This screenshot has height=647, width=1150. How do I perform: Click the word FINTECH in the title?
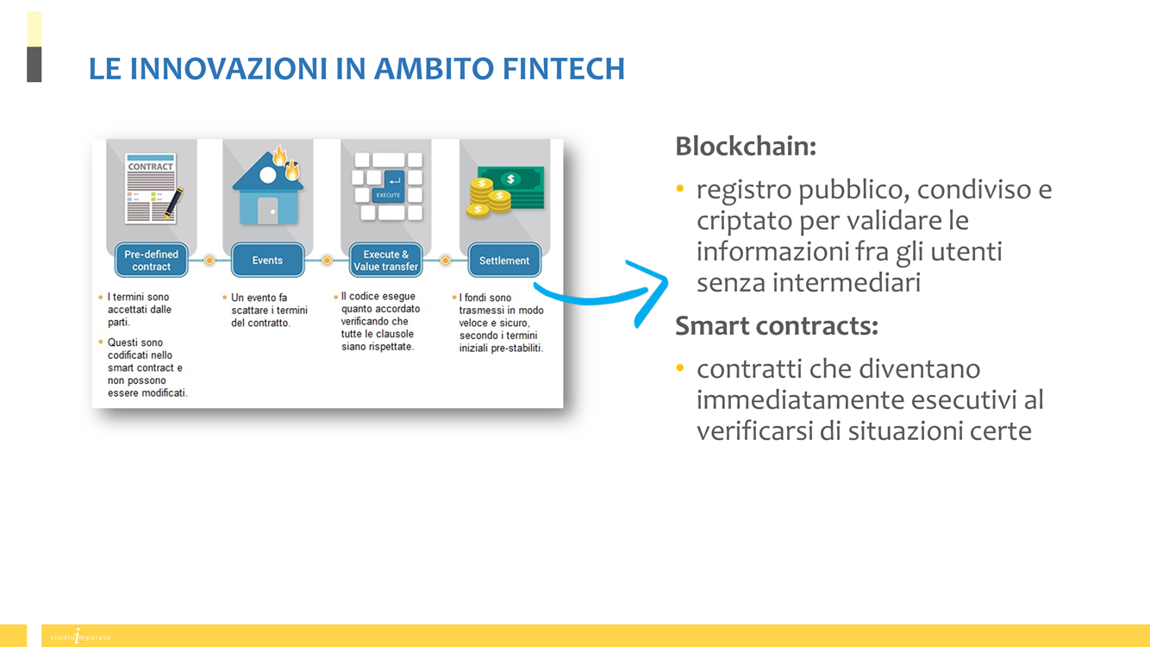point(564,68)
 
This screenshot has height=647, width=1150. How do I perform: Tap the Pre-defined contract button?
point(151,260)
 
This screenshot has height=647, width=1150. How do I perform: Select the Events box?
point(267,260)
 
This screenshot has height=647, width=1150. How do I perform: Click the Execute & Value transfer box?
point(385,260)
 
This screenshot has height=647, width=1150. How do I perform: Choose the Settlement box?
point(504,260)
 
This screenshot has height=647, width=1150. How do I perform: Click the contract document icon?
point(153,188)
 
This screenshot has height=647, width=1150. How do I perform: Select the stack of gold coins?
point(488,198)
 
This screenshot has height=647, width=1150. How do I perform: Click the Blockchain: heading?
point(746,147)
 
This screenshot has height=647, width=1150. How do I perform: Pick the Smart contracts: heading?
point(776,326)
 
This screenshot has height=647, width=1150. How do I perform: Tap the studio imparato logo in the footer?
point(80,637)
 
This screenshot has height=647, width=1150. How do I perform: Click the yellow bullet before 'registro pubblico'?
point(680,189)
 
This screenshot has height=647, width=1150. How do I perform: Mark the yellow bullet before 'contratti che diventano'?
point(680,368)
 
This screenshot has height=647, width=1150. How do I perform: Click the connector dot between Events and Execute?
point(327,261)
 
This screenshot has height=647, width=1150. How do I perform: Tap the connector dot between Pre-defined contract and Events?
point(209,261)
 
